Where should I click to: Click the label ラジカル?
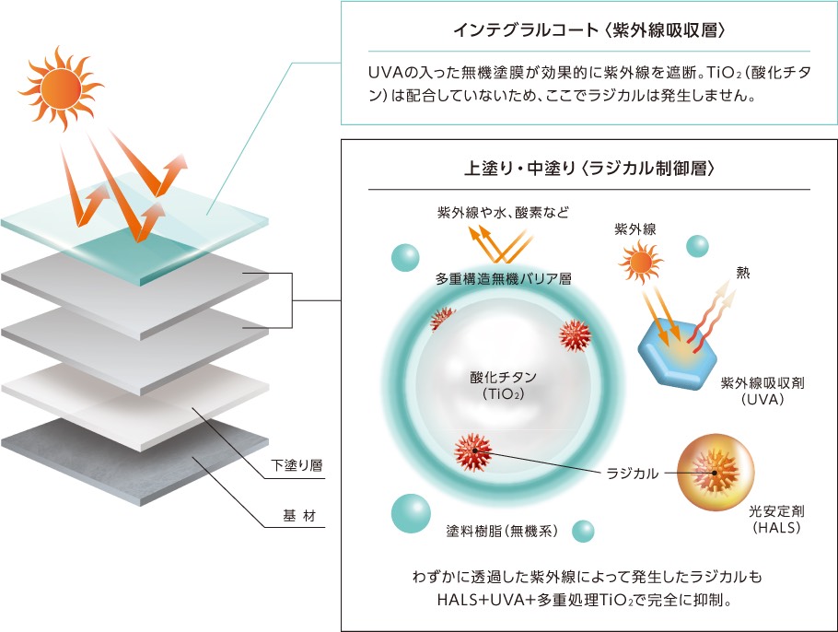[631, 474]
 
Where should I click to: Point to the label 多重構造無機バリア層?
[504, 277]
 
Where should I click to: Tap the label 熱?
[742, 272]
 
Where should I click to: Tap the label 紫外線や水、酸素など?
[502, 212]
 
